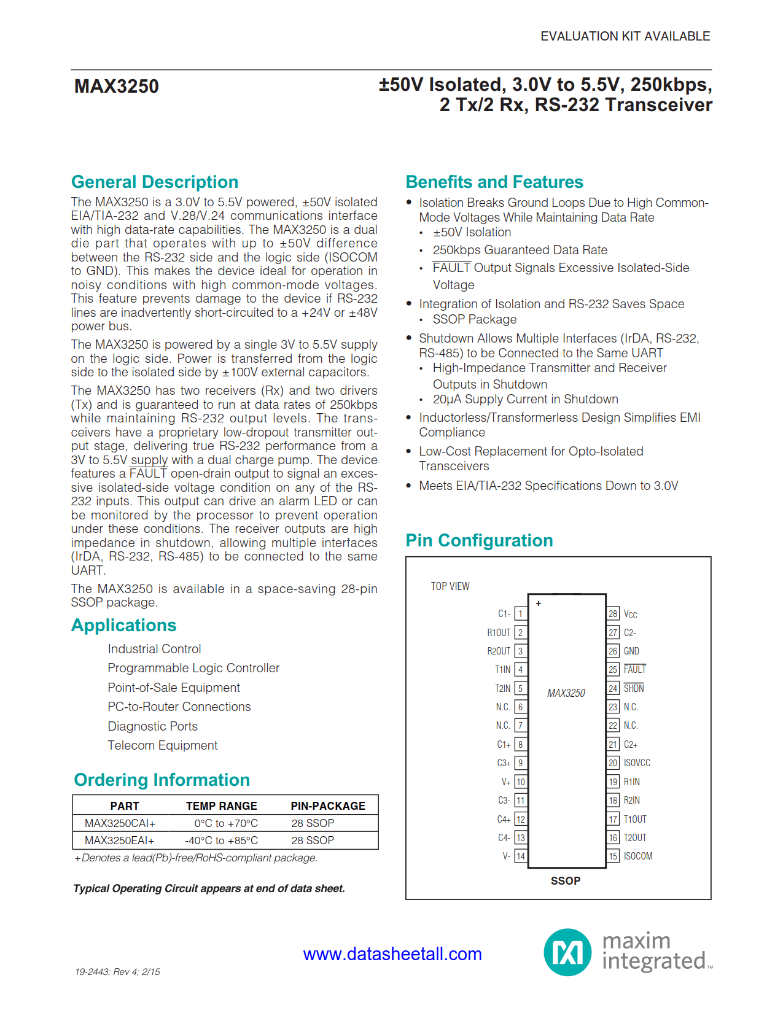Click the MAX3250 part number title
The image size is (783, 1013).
tap(116, 87)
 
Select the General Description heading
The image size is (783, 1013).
tap(155, 182)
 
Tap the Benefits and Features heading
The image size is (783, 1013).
tap(494, 182)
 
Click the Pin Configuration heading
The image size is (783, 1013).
tap(479, 540)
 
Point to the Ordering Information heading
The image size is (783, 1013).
tap(162, 780)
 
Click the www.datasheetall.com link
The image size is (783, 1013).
tap(392, 954)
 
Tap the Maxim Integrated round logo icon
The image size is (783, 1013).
tap(567, 952)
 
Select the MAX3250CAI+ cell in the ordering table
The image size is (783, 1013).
tap(120, 823)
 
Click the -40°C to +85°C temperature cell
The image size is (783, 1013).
tap(222, 840)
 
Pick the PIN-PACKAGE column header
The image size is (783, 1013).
tap(328, 806)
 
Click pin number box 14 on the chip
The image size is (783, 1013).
tap(520, 856)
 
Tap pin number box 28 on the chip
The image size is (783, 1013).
tap(613, 614)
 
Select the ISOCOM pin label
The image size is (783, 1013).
tap(637, 856)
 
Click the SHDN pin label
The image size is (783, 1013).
tap(633, 689)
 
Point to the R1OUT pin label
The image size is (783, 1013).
tap(499, 633)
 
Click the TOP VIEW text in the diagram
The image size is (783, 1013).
tap(450, 586)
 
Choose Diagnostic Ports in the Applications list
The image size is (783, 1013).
tap(152, 726)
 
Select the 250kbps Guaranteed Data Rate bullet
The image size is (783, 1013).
tap(520, 250)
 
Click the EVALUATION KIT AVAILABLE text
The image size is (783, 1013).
tap(625, 36)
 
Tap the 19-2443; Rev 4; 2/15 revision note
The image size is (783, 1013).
tap(117, 972)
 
